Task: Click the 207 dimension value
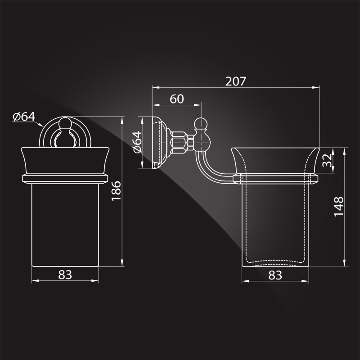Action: point(235,81)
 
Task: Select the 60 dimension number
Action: point(177,99)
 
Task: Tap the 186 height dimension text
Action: point(116,191)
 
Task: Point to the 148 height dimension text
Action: point(339,207)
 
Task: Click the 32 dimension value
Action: point(327,160)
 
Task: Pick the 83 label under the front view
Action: point(65,274)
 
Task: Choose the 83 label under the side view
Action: point(275,275)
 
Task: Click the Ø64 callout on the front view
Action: point(24,117)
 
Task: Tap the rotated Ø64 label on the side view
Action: point(137,142)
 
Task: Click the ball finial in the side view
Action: point(201,124)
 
